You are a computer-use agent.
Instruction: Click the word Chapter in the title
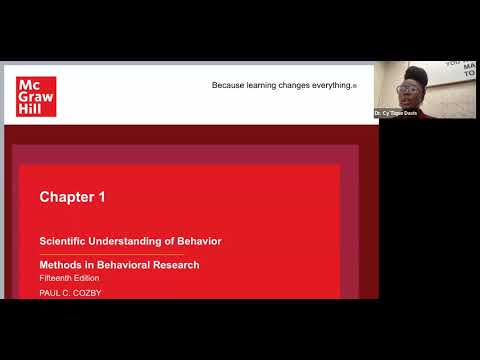pos(66,197)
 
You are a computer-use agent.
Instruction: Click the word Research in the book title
pos(176,265)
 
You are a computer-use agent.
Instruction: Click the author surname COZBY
pos(86,292)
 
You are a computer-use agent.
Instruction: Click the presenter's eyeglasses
pos(409,89)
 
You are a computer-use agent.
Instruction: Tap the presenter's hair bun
pos(416,73)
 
